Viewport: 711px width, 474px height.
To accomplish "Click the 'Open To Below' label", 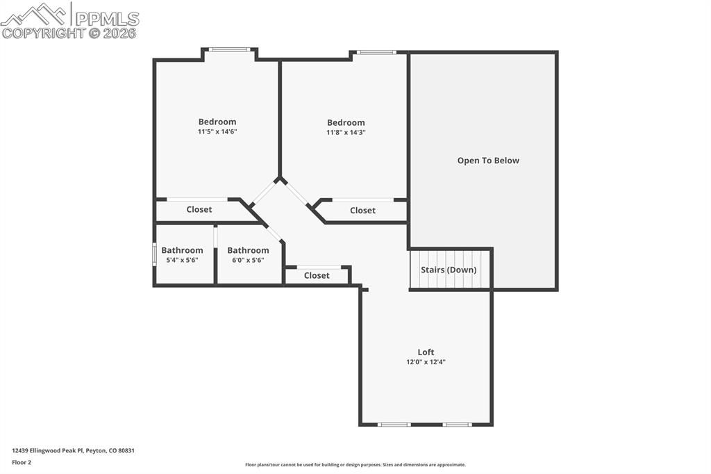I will pos(488,161).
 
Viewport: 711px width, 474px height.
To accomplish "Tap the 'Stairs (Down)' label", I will pos(449,270).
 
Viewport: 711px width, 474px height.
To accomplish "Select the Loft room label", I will pos(426,352).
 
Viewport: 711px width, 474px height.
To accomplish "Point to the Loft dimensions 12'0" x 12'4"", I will pos(426,362).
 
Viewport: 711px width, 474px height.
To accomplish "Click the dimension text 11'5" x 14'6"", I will pos(217,131).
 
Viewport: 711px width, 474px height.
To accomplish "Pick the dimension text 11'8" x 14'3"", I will pos(346,132).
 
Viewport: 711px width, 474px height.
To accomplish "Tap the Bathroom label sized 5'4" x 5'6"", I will pos(182,250).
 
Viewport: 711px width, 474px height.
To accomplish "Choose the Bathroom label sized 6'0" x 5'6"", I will pos(248,250).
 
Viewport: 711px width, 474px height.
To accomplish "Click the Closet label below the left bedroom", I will pos(199,209).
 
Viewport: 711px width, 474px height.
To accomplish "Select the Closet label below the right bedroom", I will pos(362,211).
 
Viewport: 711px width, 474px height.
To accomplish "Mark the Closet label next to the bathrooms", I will pos(317,276).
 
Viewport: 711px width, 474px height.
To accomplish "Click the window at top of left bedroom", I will pos(230,49).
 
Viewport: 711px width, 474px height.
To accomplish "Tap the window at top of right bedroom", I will pos(376,52).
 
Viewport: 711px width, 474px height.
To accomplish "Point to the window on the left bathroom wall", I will pos(154,254).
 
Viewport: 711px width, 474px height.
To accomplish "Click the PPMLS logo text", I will pos(106,19).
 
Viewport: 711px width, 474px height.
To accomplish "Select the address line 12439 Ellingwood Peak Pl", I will pos(73,450).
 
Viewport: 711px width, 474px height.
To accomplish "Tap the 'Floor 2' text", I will pos(22,462).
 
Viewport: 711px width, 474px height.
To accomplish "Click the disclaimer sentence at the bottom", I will pos(355,465).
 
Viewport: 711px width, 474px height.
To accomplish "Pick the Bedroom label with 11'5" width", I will pos(217,122).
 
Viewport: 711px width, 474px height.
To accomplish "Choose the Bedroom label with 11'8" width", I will pos(346,123).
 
